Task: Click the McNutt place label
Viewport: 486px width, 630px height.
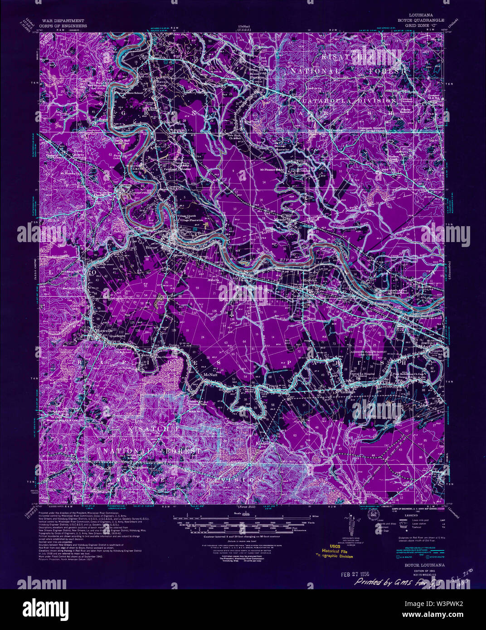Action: (x=211, y=375)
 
